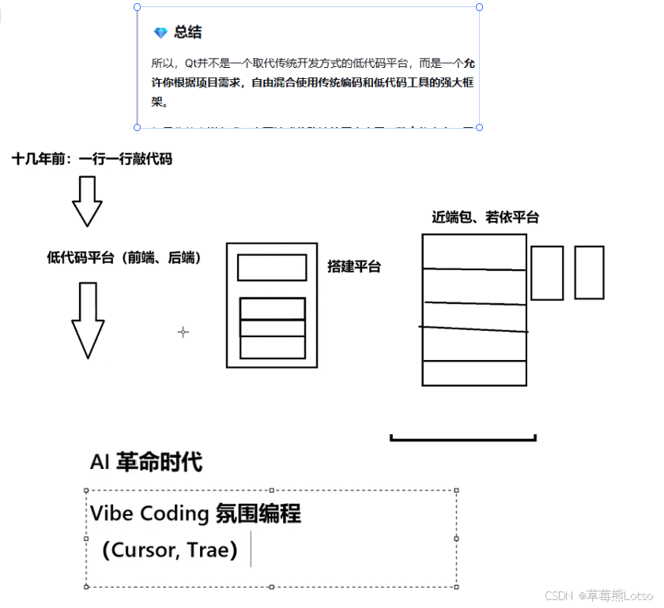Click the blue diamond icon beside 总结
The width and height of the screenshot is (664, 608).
point(160,32)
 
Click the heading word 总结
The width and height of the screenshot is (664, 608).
point(188,32)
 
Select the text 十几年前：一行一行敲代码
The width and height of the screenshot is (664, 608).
point(92,159)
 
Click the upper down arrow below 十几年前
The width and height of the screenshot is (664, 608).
point(87,201)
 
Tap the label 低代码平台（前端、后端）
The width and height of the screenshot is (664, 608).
point(123,257)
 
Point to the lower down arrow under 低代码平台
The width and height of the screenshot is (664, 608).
point(88,320)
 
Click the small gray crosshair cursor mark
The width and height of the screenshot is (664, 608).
point(183,332)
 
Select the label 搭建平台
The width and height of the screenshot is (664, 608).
point(353,267)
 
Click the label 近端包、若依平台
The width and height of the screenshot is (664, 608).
point(485,217)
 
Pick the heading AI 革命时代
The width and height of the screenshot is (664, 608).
point(147,462)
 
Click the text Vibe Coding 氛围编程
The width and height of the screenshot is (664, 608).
point(195,514)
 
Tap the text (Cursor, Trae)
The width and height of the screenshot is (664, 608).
point(170,550)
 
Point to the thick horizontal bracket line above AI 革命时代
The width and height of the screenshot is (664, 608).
point(463,438)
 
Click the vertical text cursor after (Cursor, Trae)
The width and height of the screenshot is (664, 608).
point(251,549)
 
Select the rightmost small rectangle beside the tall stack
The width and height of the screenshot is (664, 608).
point(589,272)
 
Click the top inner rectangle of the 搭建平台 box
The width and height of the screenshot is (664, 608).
point(272,268)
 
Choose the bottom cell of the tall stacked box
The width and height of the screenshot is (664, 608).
point(474,373)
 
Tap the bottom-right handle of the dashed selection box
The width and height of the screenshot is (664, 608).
point(457,587)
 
